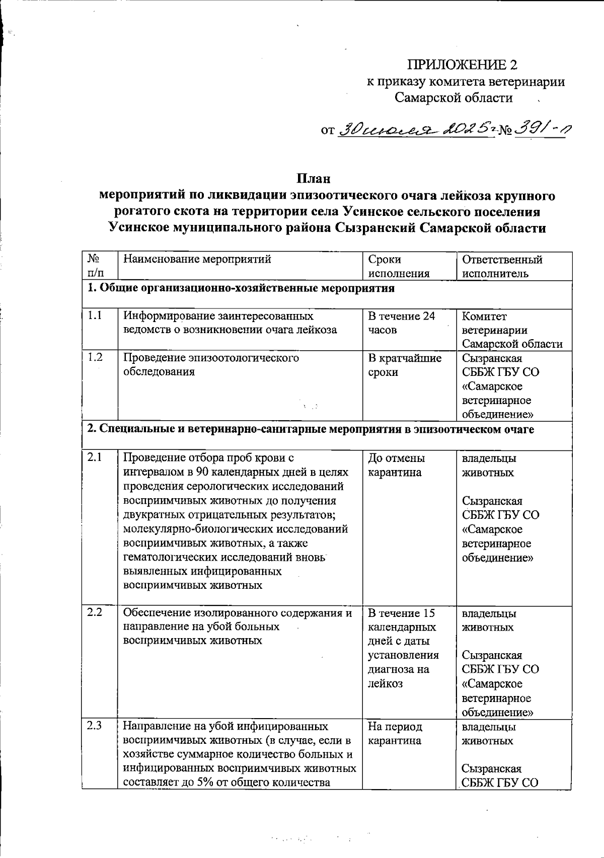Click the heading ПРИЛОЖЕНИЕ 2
pos(462,65)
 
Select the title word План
pos(313,179)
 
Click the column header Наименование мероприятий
pos(197,260)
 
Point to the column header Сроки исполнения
pos(399,266)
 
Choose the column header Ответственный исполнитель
pos(502,266)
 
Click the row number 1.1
pos(95,316)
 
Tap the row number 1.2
pos(95,358)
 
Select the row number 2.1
pos(95,458)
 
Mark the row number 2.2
pos(95,612)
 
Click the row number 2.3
pos(95,726)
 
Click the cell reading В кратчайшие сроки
pos(404,365)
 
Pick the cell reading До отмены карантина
pos(397,465)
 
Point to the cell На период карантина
pos(395,733)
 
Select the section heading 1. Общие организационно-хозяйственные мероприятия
pos(241,288)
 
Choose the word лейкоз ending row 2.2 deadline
pos(386,683)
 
